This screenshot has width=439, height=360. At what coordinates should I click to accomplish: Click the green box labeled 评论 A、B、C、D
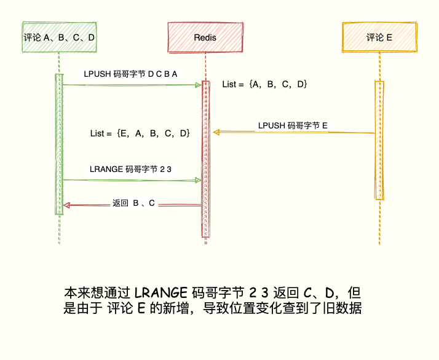click(x=59, y=37)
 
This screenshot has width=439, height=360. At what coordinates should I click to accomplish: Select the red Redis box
click(x=205, y=37)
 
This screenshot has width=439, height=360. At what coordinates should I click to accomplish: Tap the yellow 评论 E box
click(x=379, y=37)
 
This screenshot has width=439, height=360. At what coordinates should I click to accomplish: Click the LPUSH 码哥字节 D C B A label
click(x=130, y=74)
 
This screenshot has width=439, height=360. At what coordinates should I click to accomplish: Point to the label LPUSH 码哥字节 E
click(x=293, y=125)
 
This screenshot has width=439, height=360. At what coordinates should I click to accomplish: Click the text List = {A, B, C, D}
click(x=264, y=84)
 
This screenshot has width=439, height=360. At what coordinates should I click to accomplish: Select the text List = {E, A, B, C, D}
click(x=140, y=133)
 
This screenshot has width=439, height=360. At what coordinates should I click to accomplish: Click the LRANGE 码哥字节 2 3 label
click(x=130, y=168)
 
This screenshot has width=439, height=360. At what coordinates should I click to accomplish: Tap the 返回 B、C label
click(x=133, y=203)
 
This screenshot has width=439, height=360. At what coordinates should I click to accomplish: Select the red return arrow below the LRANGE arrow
click(x=132, y=206)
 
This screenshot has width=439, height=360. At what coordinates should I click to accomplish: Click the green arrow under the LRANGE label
click(x=132, y=180)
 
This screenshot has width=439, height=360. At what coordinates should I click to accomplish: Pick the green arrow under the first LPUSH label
click(x=132, y=85)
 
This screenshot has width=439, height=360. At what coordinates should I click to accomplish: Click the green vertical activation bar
click(x=59, y=144)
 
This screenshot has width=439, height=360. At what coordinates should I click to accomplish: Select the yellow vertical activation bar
click(x=379, y=140)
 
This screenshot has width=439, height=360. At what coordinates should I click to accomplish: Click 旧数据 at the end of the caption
click(x=346, y=308)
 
